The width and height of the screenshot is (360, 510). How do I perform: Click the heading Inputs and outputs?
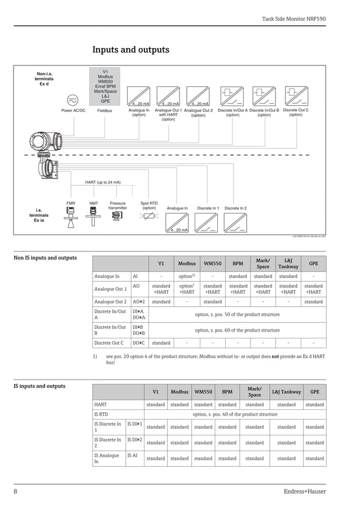pos(130,50)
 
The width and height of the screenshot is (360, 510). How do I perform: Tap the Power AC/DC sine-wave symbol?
pos(73,100)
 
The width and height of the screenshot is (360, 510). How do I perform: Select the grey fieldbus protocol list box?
pos(105,86)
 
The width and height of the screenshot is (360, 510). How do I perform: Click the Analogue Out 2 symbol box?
pos(198,96)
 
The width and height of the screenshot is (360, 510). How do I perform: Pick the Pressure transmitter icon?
pos(117,215)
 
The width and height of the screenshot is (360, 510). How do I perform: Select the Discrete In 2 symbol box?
pos(235,223)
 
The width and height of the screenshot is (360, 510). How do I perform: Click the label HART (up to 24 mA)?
pos(103,182)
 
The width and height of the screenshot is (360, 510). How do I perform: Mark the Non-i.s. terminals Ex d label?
pos(44,79)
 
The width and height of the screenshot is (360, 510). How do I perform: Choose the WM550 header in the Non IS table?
pos(212,263)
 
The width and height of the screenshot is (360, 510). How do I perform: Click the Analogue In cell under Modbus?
pos(187,276)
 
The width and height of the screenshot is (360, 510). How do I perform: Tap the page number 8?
pos(15,491)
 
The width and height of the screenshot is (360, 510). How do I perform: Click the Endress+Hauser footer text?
pos(305,491)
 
